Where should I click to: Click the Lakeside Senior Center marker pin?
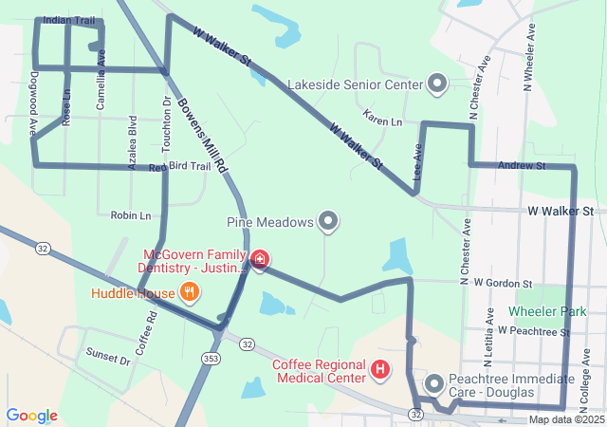click(437, 84)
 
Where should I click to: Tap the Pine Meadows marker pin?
click(328, 222)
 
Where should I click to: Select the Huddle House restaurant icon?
click(190, 292)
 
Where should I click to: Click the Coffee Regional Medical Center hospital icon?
click(380, 369)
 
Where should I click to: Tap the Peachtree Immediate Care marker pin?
click(434, 384)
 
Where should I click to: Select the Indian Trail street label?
click(68, 20)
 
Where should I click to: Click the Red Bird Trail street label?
click(180, 167)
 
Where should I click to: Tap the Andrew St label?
click(522, 166)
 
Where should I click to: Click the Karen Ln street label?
click(382, 122)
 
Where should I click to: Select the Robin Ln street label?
click(130, 215)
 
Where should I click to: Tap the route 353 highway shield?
click(211, 358)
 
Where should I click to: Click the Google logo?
click(31, 416)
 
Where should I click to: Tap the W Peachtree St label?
click(533, 331)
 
